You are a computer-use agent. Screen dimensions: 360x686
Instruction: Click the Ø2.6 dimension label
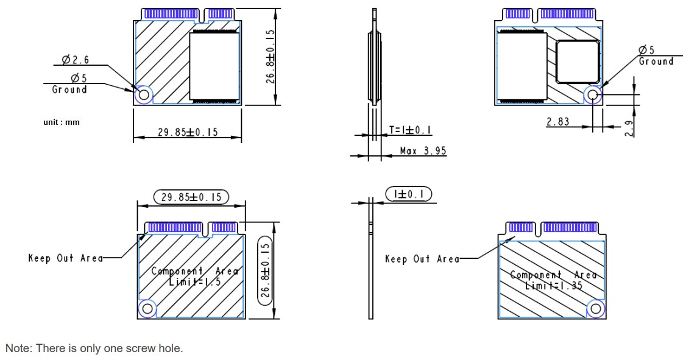[76, 60]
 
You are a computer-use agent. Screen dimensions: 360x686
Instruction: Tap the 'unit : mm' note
[62, 122]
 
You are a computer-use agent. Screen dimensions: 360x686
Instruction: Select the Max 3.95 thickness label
[422, 150]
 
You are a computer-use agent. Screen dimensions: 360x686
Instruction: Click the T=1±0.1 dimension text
[410, 130]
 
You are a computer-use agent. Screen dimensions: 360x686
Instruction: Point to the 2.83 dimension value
[557, 122]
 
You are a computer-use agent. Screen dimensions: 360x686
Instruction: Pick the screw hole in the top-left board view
[144, 94]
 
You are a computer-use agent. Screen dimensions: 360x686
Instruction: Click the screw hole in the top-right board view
[593, 94]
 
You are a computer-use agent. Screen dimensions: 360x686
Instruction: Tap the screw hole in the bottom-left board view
[146, 309]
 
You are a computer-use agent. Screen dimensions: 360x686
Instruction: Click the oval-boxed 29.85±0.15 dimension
[191, 197]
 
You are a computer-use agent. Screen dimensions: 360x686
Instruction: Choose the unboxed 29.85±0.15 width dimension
[188, 132]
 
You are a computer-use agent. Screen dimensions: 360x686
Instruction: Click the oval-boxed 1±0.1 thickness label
[409, 194]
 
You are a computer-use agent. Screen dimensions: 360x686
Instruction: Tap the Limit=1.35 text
[554, 284]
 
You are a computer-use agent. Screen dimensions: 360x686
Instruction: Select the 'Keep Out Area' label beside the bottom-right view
[422, 259]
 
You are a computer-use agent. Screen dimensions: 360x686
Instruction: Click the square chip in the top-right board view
[576, 62]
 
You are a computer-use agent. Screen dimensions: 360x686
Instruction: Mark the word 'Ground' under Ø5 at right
[656, 62]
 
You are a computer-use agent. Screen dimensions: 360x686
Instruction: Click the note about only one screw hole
[94, 348]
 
